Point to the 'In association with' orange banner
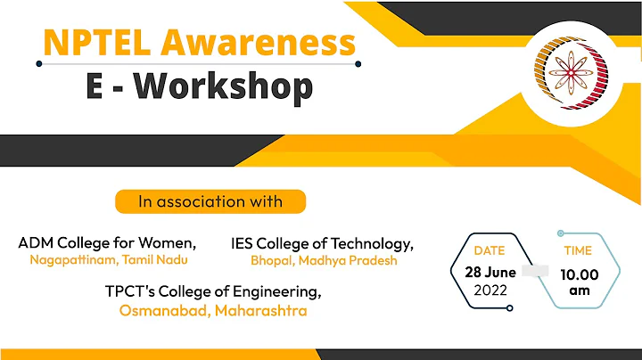point(210,201)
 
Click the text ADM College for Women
point(107,242)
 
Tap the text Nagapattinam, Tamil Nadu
point(109,259)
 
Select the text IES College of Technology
point(323,243)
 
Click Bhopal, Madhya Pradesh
point(324,261)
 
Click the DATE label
point(490,250)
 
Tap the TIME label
point(578,250)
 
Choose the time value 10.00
point(580,275)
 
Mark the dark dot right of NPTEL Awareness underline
point(358,63)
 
